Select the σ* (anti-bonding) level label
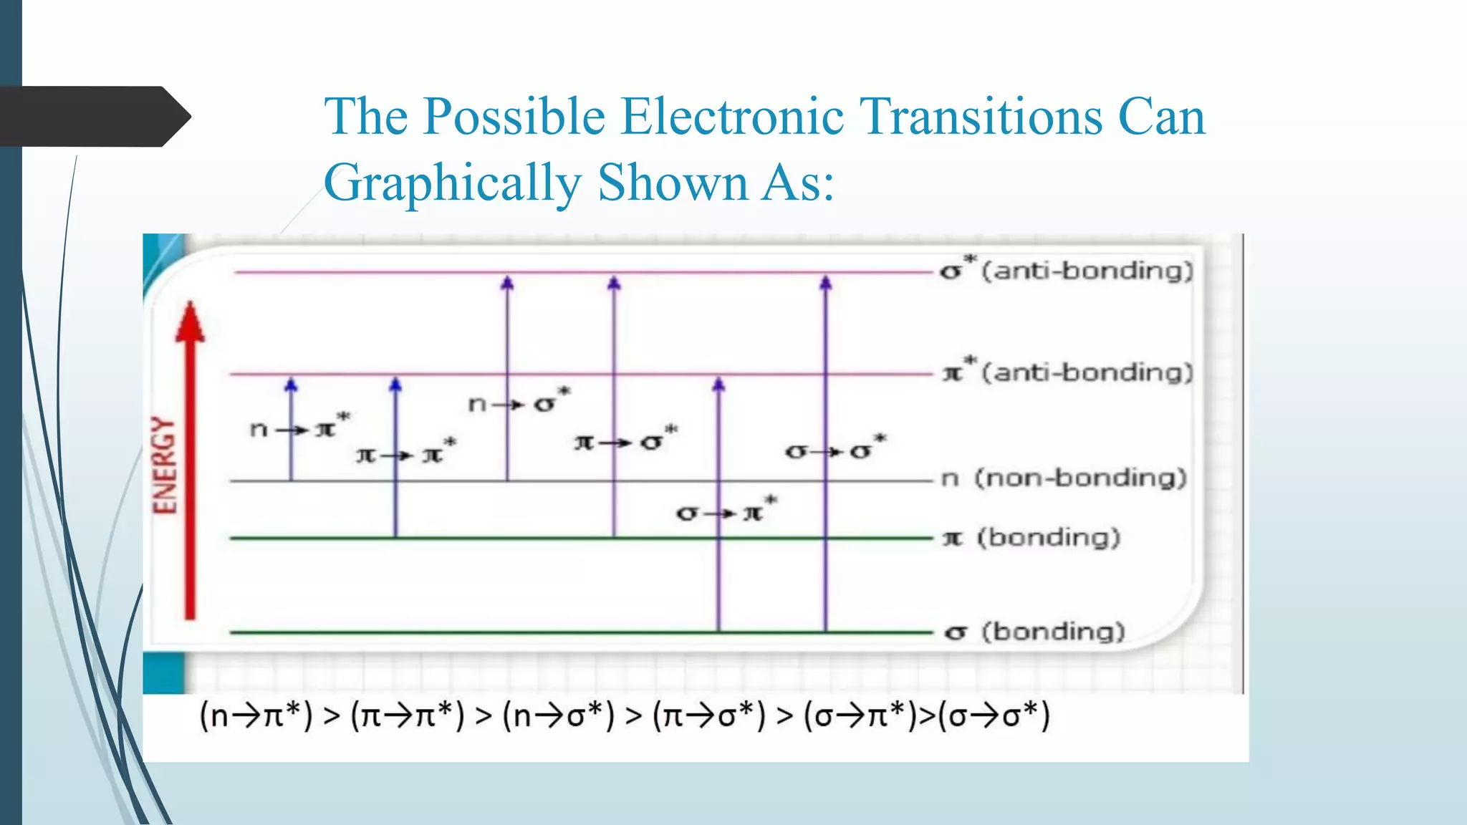pos(1067,271)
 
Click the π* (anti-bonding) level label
pos(1067,372)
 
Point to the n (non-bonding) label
pos(1064,478)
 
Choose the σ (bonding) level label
pos(1035,632)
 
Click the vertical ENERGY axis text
pos(165,465)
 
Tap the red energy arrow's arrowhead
pos(190,322)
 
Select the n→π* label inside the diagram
pos(299,428)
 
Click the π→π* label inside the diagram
pos(405,453)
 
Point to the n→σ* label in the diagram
pos(519,402)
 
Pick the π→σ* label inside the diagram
pos(625,440)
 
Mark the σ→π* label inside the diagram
pos(726,511)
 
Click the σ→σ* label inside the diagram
pos(835,450)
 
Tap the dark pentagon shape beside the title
pos(93,117)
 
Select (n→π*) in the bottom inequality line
pos(256,715)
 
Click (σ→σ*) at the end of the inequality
pos(994,715)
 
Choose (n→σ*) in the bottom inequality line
pos(559,715)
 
